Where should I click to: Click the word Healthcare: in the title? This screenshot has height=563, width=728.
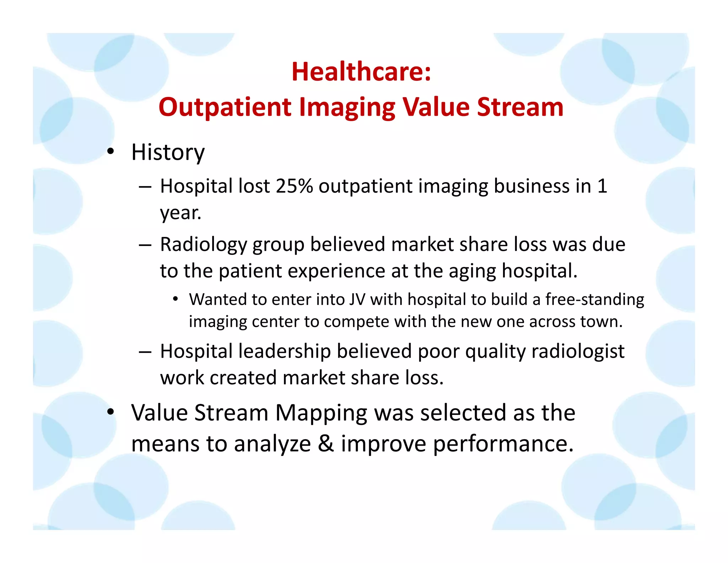(361, 72)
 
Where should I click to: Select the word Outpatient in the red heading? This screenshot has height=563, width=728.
(225, 107)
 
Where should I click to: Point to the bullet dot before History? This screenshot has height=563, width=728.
(111, 152)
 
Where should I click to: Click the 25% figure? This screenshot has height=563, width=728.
(294, 186)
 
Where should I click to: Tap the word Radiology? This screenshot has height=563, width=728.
(203, 245)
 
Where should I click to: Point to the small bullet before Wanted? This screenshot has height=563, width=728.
(175, 299)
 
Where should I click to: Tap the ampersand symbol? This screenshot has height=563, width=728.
(326, 444)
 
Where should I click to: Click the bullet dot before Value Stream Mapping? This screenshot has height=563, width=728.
(111, 412)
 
